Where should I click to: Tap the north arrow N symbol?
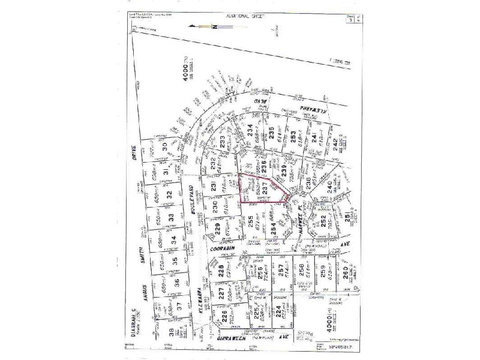tap(214, 27)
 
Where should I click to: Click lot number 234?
tap(250, 130)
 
